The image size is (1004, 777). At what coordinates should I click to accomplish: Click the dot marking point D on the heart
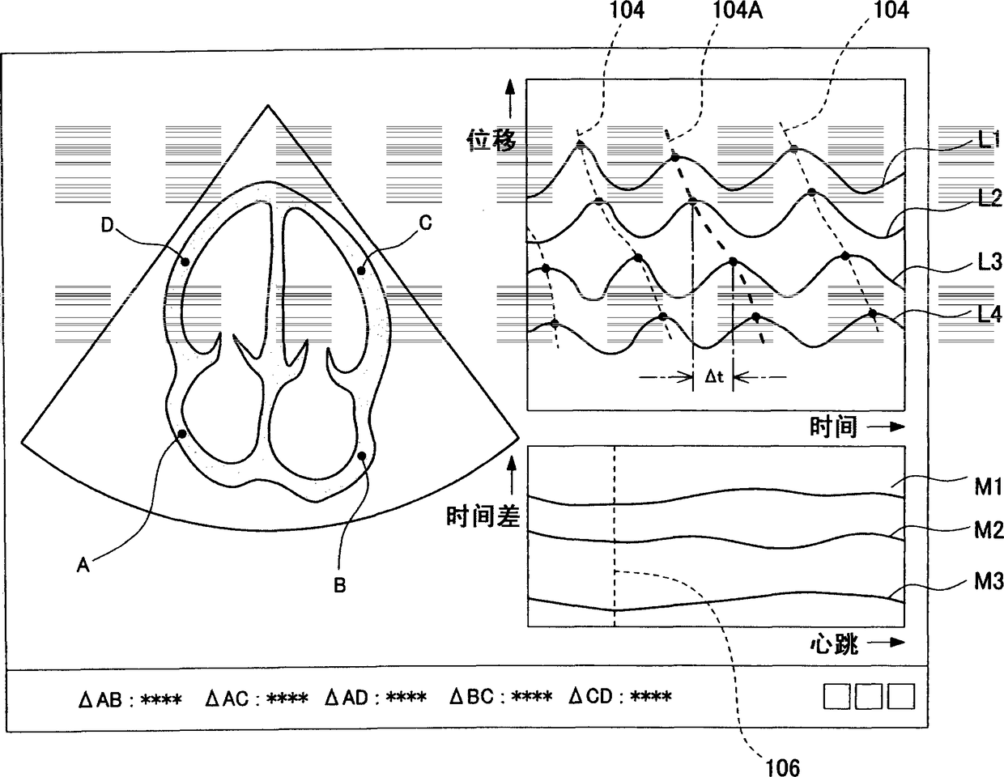click(x=185, y=261)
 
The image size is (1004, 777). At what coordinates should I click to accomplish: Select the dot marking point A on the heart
click(x=182, y=434)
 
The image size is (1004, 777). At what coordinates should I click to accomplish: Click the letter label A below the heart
click(x=83, y=567)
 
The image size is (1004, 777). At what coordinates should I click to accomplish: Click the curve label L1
click(x=986, y=139)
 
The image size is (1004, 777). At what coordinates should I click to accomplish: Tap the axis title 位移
click(x=491, y=142)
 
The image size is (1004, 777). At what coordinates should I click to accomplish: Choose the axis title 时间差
click(x=483, y=515)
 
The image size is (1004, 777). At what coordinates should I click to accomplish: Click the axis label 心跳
click(x=834, y=644)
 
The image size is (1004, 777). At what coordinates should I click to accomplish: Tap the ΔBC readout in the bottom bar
click(x=501, y=696)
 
